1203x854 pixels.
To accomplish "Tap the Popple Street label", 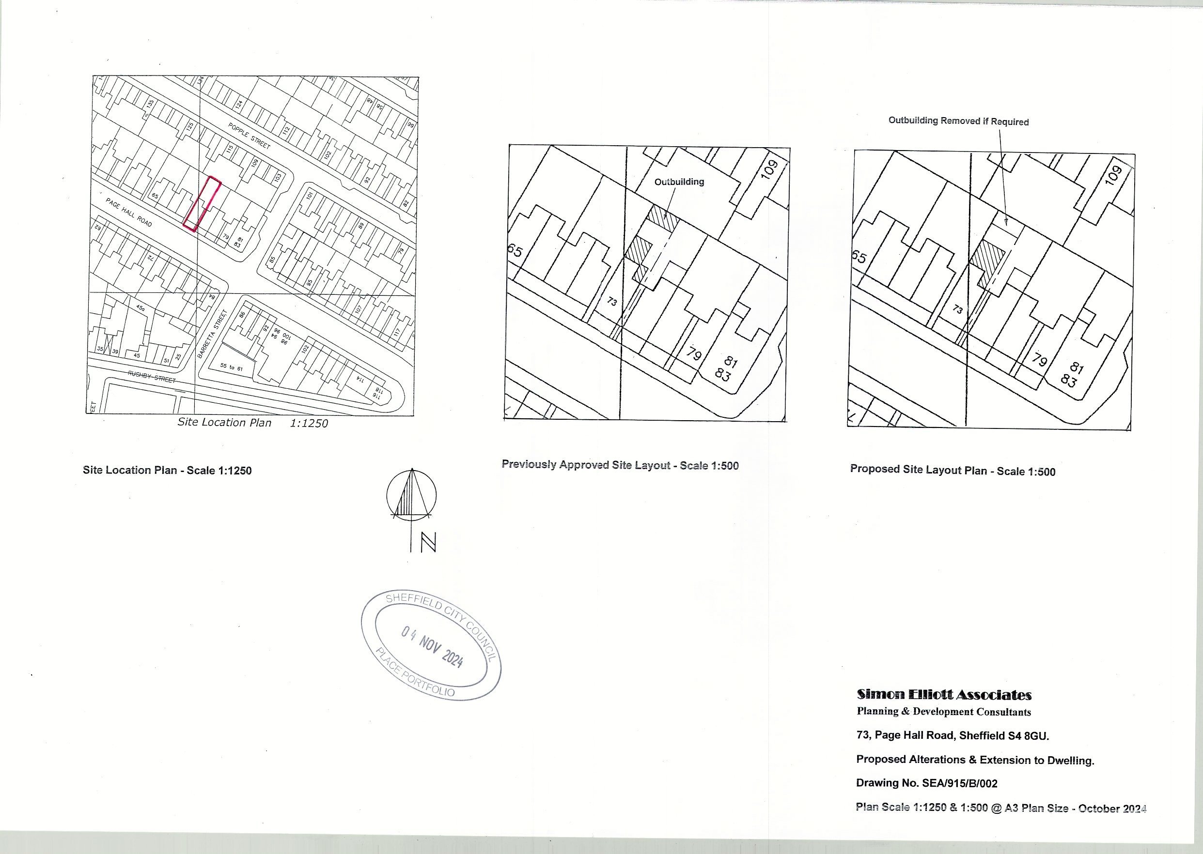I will pos(250,136).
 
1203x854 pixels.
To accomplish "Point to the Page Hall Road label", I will pos(129,213).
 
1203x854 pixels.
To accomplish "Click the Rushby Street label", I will pos(152,377).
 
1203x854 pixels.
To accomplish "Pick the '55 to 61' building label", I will pos(232,367).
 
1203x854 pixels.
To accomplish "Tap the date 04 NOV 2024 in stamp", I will pos(432,646).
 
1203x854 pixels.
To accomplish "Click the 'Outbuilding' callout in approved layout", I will pos(679,182).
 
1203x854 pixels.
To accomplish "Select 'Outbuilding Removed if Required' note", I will pos(958,121).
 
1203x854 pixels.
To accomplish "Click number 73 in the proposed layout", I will pos(958,309).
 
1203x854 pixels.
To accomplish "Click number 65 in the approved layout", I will pos(515,251).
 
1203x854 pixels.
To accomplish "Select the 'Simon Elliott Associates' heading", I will pos(944,695).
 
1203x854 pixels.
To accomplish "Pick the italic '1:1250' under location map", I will pos(309,423).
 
